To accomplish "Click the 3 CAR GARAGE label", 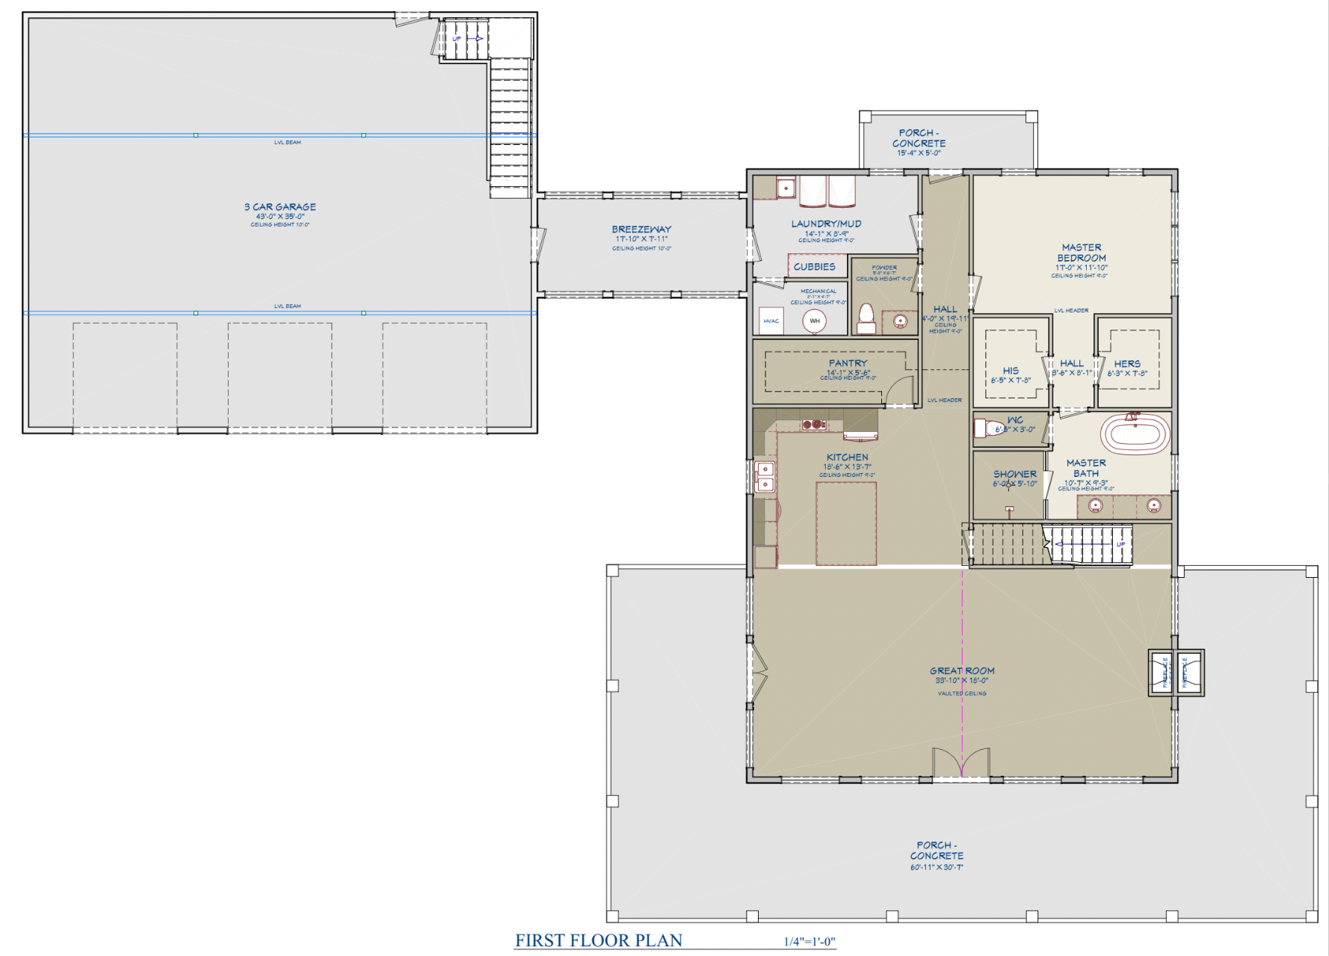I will click(x=280, y=207).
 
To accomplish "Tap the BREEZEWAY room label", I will click(x=641, y=229).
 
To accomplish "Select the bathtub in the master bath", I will click(x=1135, y=434).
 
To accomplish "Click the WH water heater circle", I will click(x=815, y=321).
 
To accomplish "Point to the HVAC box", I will click(x=771, y=321).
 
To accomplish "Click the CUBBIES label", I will click(x=815, y=266).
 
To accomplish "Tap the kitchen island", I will click(x=846, y=523).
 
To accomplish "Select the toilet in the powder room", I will click(x=866, y=318).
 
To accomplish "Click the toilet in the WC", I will click(x=988, y=428).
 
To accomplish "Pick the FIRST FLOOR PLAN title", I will click(x=598, y=940).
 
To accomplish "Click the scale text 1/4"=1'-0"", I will click(x=809, y=942).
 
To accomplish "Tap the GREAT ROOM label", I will click(x=962, y=670).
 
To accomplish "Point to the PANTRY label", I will click(x=848, y=363).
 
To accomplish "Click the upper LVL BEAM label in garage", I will click(x=287, y=142).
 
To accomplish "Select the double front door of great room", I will click(x=961, y=764).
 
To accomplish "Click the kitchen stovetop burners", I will click(x=813, y=425).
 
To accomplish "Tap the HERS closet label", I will click(x=1127, y=364).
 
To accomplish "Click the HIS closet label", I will click(x=1011, y=371).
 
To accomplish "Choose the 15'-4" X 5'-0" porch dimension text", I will click(x=919, y=153).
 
